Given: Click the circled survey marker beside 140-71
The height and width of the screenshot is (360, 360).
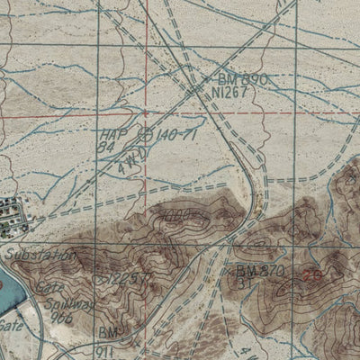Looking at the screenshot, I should coord(148,135).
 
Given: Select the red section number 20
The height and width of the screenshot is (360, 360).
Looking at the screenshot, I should coord(312,276).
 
